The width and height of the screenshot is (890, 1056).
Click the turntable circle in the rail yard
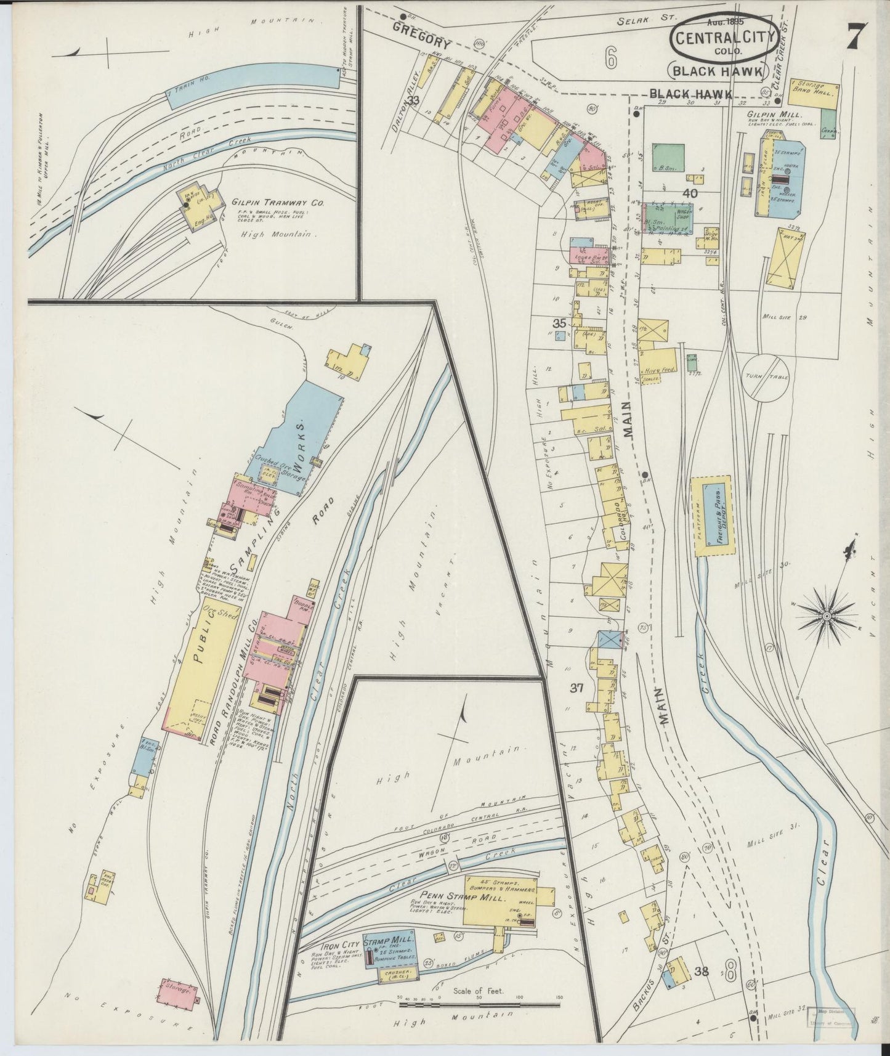click(x=763, y=376)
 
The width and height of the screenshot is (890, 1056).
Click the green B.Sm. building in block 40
click(x=668, y=156)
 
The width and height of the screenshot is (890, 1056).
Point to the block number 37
click(x=576, y=689)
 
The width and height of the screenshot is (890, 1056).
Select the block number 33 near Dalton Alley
click(x=413, y=100)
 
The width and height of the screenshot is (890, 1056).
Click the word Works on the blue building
click(x=303, y=438)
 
